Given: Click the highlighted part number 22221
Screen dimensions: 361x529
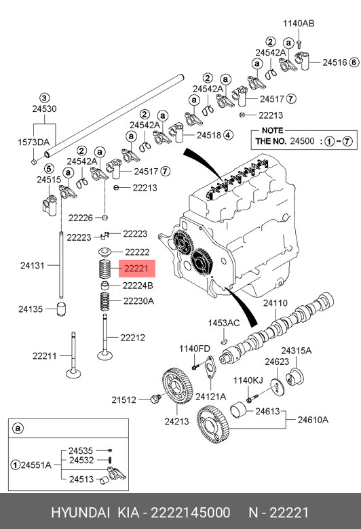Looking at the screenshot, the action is pos(136,269).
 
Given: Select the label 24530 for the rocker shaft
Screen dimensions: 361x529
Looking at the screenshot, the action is pos(44,109).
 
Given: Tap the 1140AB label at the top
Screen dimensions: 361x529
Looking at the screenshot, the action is pos(299,23).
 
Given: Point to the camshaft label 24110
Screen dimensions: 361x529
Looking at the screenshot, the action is pos(275,303).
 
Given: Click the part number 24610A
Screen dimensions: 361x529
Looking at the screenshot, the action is pos(313,420).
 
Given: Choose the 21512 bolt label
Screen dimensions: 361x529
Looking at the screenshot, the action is pos(124,399).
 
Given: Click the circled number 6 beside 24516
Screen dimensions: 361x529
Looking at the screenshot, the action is pos(354,62).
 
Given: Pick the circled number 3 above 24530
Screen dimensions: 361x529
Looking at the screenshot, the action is pos(45,98).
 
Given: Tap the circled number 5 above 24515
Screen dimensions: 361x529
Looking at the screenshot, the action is pos(49,169).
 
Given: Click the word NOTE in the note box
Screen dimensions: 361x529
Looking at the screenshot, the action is pos(273,131).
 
